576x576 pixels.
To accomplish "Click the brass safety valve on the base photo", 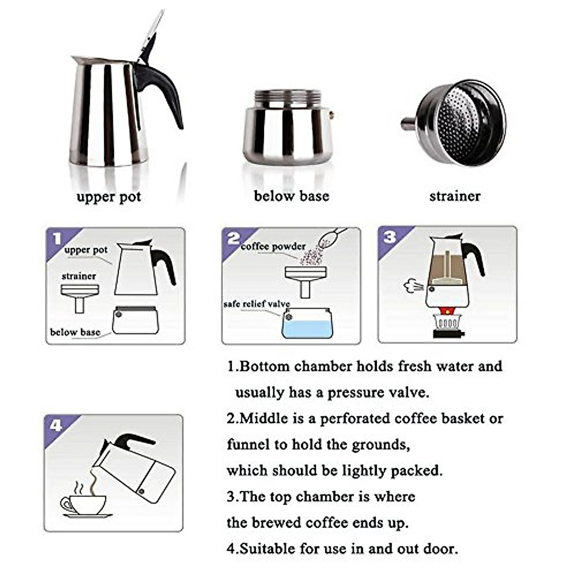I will click(332, 115).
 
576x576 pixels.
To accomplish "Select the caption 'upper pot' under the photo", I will click(108, 197).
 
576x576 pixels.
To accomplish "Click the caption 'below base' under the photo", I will click(291, 196).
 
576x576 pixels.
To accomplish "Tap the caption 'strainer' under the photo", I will click(455, 196).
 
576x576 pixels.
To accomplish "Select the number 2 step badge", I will click(233, 238).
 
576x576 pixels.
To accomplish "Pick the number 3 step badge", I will click(390, 237).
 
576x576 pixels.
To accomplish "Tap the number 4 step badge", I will click(56, 425).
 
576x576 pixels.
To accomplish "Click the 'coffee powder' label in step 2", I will click(273, 247).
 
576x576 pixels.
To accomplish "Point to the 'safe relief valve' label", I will click(256, 304).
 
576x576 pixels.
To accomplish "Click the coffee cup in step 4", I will click(84, 504).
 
